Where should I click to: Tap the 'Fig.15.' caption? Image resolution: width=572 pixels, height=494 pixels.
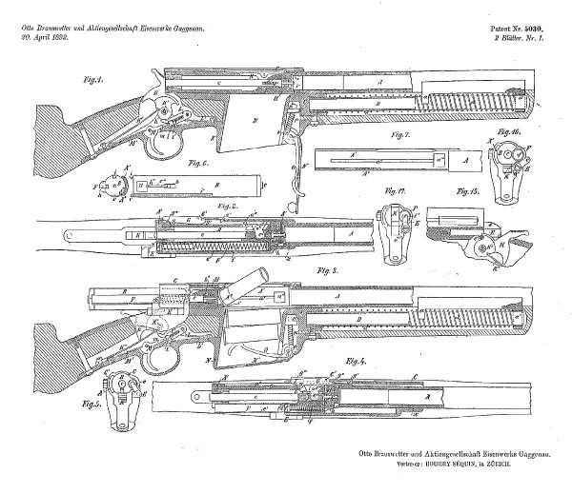point(468,191)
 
